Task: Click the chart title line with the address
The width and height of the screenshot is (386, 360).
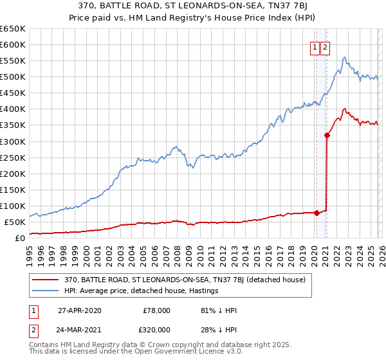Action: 192,6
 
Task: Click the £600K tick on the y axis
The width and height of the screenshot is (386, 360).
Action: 13,45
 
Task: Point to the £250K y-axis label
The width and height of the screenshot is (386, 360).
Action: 13,157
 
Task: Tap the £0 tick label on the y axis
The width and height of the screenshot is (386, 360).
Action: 20,238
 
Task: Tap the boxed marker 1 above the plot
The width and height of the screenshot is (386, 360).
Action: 315,47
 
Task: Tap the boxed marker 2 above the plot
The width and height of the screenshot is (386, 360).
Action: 325,47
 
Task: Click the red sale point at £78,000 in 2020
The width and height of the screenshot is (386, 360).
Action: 317,213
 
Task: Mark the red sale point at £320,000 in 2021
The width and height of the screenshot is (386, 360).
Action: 327,135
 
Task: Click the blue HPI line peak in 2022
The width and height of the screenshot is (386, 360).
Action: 345,57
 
